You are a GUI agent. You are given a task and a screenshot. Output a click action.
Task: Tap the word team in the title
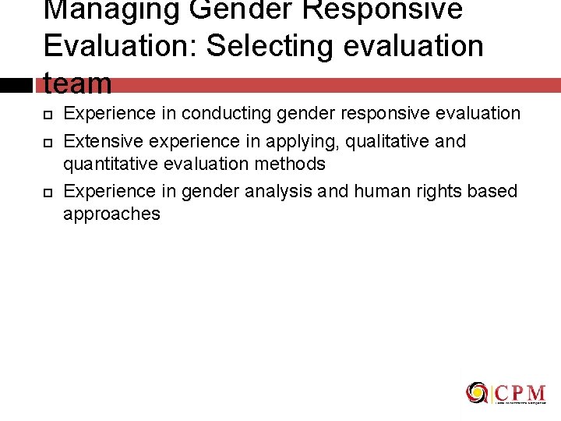click(78, 83)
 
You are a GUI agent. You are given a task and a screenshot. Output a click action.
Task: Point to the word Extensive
click(99, 142)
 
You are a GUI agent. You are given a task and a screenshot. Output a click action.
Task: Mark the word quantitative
click(108, 164)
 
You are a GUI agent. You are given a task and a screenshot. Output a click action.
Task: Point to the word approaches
click(111, 214)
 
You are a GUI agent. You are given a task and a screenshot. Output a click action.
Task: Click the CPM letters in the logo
click(519, 392)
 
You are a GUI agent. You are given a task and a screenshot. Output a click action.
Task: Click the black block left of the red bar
click(15, 85)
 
